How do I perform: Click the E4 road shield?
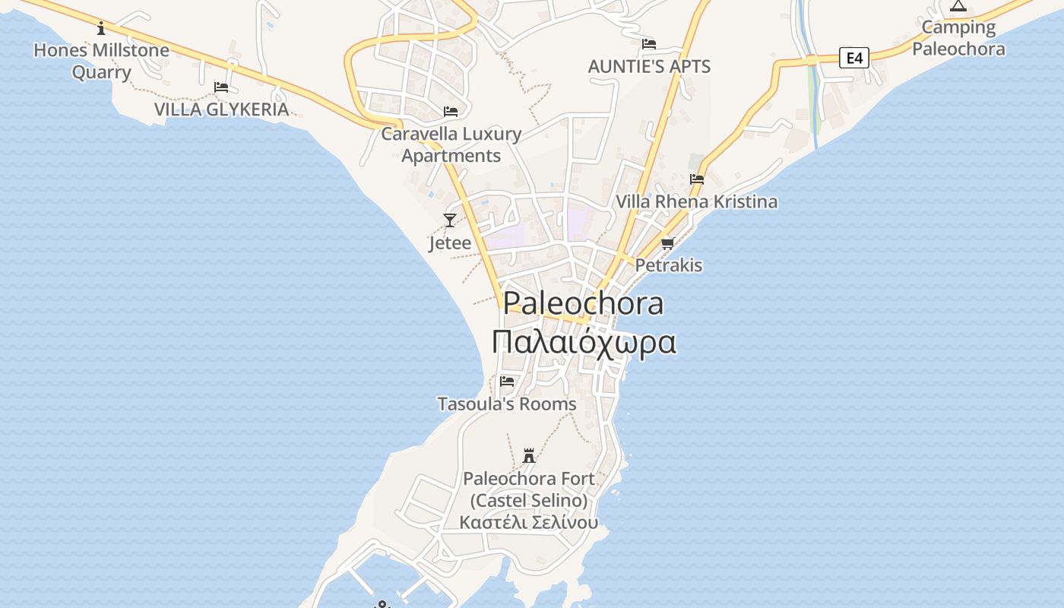tap(853, 57)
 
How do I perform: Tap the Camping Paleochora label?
tap(958, 38)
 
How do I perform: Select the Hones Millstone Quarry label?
tap(101, 62)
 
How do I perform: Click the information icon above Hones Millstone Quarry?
tap(101, 29)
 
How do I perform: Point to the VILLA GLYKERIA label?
tap(221, 109)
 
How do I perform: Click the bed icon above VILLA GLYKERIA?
tap(221, 87)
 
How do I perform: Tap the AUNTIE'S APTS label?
tap(649, 66)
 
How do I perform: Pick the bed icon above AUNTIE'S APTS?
tap(648, 44)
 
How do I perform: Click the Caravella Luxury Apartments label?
tap(451, 144)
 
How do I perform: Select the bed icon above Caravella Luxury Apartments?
tap(451, 112)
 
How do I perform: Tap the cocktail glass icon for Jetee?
tap(450, 220)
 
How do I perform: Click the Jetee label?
tap(450, 242)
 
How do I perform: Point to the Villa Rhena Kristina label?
tap(696, 201)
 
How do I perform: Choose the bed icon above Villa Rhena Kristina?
tap(696, 179)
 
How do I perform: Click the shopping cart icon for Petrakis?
tap(668, 243)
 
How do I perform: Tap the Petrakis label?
tap(668, 265)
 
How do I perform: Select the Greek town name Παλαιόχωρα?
tap(584, 342)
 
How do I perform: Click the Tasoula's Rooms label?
tap(507, 404)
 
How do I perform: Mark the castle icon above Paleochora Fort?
tap(529, 456)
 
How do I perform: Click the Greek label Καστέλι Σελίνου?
tap(529, 522)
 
